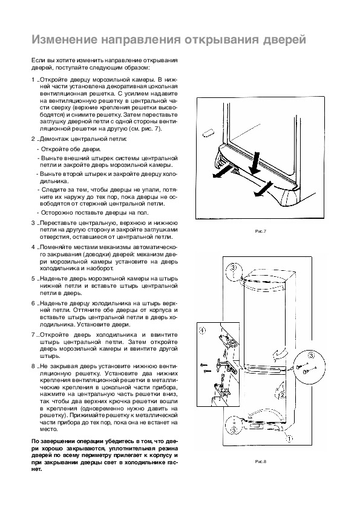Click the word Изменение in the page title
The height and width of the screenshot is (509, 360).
65,40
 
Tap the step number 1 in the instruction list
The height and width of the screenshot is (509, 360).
33,80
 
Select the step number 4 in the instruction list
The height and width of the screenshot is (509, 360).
33,247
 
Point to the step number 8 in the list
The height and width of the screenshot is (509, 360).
33,366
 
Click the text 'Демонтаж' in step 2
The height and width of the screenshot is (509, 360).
54,139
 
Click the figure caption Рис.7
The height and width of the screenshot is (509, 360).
261,232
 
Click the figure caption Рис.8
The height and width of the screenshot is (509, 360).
261,462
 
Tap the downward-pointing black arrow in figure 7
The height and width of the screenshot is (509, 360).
254,164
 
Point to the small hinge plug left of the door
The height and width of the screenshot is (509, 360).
209,134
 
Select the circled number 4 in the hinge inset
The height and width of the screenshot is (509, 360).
202,331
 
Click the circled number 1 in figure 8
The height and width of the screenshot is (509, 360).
289,439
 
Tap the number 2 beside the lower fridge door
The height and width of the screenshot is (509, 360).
282,395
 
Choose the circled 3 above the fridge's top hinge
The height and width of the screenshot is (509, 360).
234,268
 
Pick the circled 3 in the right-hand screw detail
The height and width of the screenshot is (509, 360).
311,356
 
